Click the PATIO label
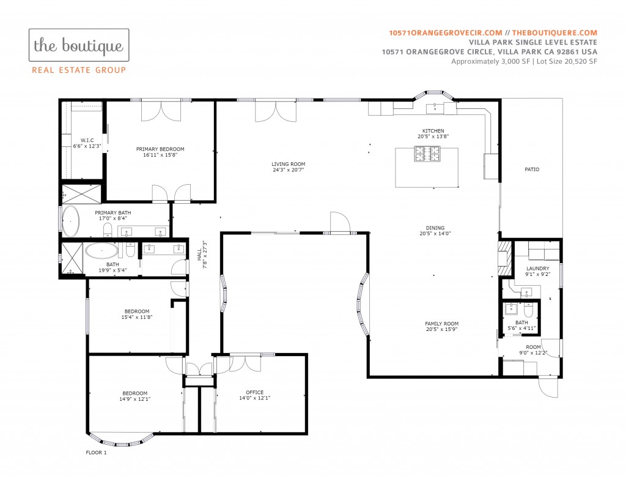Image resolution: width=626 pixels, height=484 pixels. point(532,169)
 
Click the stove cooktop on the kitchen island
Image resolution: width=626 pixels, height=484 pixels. point(427,154)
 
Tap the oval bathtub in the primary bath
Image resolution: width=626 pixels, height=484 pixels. point(70,221)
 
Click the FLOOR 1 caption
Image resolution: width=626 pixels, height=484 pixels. point(96,452)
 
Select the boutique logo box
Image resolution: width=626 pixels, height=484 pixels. point(79,45)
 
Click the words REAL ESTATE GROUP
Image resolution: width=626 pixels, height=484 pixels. point(79,70)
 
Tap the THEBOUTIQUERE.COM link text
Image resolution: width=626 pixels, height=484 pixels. point(554,33)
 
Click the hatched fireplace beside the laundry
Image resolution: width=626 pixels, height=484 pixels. point(504,258)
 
